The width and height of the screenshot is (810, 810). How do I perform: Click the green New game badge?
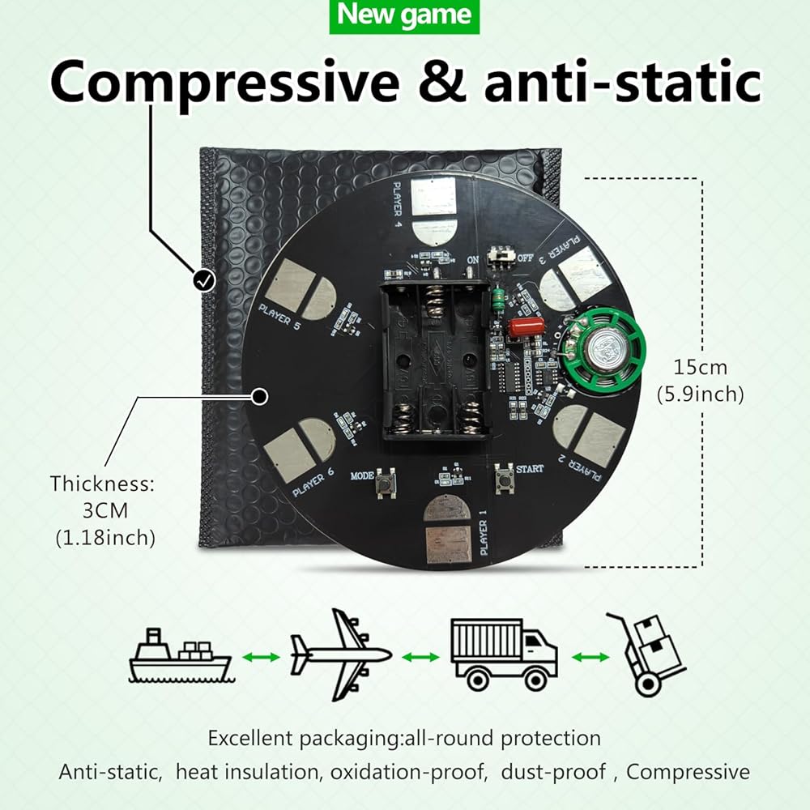click(404, 16)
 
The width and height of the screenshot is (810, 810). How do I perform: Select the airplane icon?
click(340, 654)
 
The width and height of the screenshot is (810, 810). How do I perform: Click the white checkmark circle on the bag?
click(204, 280)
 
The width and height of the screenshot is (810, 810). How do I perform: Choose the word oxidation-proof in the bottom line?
click(407, 771)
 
